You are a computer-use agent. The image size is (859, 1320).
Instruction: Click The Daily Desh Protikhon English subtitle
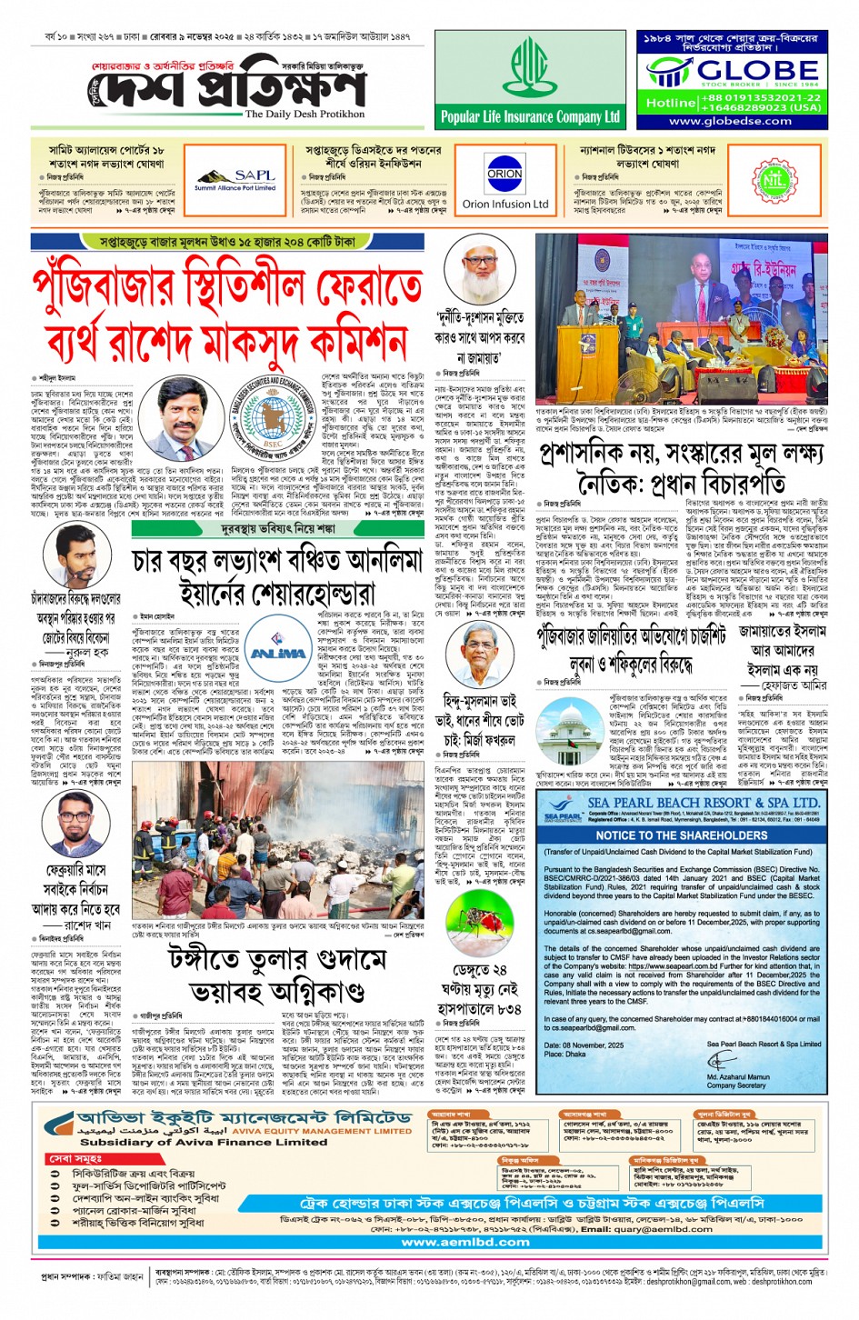[x=305, y=115]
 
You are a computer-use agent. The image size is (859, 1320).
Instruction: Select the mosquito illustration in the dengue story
[x=474, y=929]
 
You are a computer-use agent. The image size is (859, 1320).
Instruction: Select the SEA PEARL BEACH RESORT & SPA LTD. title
[x=703, y=803]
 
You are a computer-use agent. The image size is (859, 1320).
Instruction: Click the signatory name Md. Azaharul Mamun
[x=738, y=1076]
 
